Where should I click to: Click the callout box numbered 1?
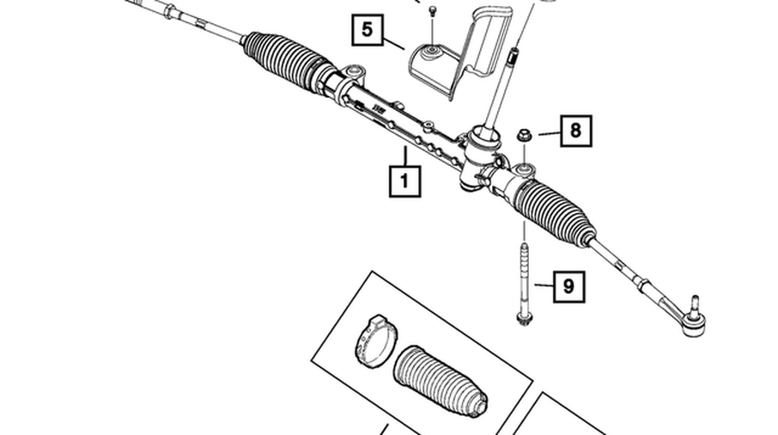pos(404,181)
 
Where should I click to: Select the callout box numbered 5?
pos(368,31)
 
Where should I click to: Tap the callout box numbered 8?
pos(575,131)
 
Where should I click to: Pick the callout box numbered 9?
pos(568,285)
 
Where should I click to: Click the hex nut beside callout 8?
pos(523,134)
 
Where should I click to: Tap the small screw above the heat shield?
pos(433,9)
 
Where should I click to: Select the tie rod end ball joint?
pos(694,321)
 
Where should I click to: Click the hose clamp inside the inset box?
pos(373,342)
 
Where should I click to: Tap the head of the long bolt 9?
pos(523,320)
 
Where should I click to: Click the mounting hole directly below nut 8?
pos(524,166)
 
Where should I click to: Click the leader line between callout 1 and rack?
pos(404,157)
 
